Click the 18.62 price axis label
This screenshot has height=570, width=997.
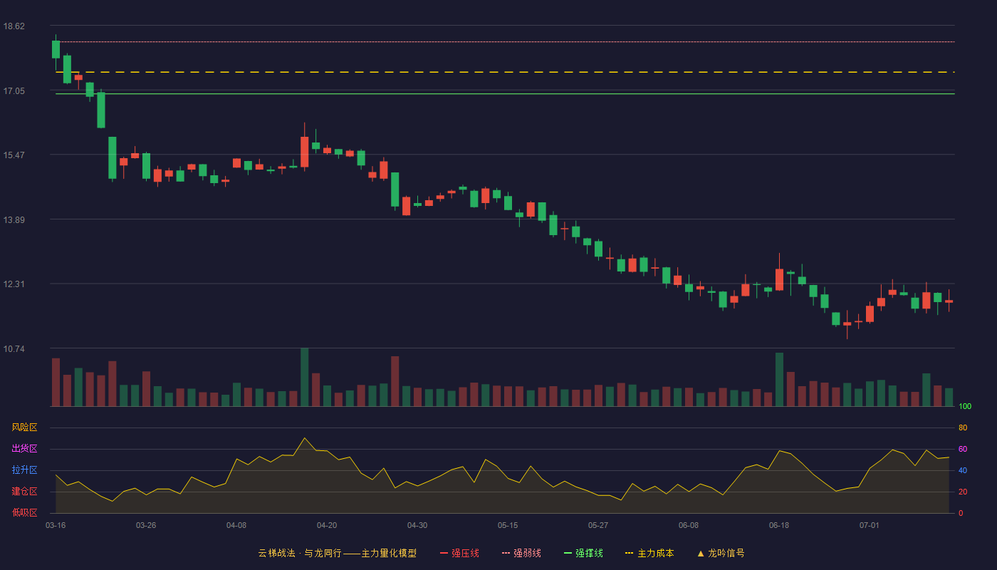14,26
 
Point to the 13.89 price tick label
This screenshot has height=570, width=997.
14,220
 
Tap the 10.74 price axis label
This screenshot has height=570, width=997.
14,349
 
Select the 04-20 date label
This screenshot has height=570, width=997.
327,526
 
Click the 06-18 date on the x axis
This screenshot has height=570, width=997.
779,526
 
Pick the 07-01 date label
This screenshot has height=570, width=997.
870,526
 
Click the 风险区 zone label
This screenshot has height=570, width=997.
24,427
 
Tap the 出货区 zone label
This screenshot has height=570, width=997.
24,448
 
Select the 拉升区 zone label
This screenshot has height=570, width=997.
24,470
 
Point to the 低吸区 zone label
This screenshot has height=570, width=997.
24,512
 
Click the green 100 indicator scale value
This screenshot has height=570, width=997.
965,406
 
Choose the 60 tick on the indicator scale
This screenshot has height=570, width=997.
963,449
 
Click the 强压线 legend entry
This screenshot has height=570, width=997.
459,553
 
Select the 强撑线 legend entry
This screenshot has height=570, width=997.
583,553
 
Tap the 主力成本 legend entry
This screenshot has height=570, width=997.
649,553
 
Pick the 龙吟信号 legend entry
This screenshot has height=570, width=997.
721,553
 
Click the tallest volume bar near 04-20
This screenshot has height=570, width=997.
305,377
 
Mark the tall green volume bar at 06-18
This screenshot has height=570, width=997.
779,379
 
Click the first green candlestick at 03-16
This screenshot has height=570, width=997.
56,49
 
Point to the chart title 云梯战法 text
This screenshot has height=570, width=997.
276,553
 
